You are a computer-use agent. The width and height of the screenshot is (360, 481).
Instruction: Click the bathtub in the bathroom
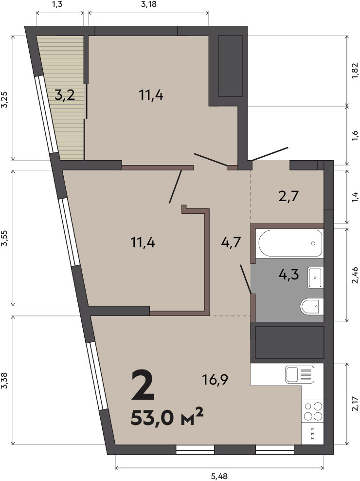coord(290,243)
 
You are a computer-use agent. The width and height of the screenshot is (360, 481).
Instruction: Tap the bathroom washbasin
coord(316,277)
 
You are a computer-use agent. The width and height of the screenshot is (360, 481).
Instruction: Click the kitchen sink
coord(300,374)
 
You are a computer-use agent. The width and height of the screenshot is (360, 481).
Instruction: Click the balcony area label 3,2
coord(65,95)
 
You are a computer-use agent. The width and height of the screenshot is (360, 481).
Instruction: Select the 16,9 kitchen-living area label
coord(215,380)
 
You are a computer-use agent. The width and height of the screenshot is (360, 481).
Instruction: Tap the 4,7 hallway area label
coord(231,243)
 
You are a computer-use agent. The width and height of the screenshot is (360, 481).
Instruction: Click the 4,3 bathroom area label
coord(288,274)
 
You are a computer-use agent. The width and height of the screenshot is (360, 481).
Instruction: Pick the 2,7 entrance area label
coord(288,196)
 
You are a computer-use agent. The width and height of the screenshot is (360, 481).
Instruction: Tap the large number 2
coord(142,385)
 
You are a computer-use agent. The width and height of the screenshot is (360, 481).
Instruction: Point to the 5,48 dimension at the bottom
coord(219,477)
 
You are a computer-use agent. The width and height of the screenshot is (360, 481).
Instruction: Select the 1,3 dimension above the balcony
coord(56,4)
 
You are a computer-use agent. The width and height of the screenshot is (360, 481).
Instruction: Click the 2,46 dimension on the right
coord(355,275)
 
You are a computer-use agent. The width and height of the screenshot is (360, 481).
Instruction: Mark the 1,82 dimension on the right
coord(355,71)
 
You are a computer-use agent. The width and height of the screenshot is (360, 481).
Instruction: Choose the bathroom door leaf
coord(246,279)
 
